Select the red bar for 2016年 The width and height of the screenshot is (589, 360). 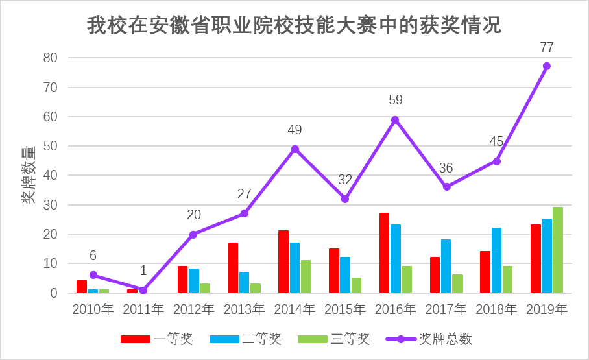[x=385, y=253]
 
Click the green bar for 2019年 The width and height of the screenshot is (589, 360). [x=558, y=250]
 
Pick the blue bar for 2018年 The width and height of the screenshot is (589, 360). [x=496, y=261]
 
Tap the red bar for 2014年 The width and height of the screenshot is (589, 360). [x=283, y=262]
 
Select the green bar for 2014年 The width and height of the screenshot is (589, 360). [x=306, y=277]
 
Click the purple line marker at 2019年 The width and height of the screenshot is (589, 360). [x=547, y=66]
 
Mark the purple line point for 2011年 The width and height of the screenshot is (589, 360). [x=143, y=290]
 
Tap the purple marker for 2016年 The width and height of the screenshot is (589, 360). [x=395, y=120]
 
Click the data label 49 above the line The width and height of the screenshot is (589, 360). [x=294, y=130]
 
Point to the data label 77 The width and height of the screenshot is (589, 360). [x=547, y=47]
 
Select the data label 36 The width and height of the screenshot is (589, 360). [x=446, y=169]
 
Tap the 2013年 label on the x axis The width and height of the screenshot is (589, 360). [x=244, y=309]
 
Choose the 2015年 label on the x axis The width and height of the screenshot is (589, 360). [x=344, y=309]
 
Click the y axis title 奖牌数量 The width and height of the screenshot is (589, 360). [x=29, y=176]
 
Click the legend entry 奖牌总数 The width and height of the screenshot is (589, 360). [x=429, y=339]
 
